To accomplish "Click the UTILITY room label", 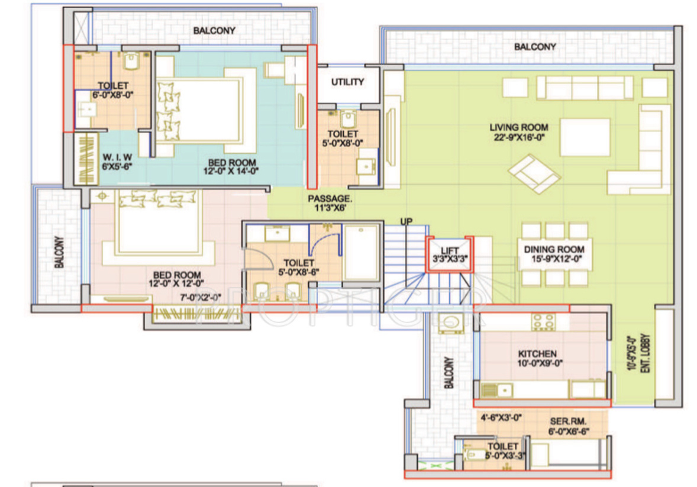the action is click(347, 82).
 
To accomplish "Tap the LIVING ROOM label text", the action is click(519, 127).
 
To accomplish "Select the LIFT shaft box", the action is click(450, 254).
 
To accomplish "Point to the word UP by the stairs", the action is click(406, 221).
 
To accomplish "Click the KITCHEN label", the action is click(537, 354).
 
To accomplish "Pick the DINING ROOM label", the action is click(554, 250).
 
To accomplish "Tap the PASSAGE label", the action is click(330, 198).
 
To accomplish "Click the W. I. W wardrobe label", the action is click(117, 157).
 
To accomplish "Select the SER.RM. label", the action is click(568, 421).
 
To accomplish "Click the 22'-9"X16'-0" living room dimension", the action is click(519, 137).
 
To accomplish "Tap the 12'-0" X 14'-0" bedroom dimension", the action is click(231, 171).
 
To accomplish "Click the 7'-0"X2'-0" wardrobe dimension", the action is click(200, 297).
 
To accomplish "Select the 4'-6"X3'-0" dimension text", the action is click(501, 418).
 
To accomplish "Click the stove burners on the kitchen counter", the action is click(543, 321).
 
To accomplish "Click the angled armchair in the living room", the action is click(534, 174).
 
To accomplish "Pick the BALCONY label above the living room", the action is click(535, 47).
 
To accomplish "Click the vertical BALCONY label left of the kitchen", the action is click(450, 372).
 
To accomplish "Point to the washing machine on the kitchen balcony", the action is click(451, 322).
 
